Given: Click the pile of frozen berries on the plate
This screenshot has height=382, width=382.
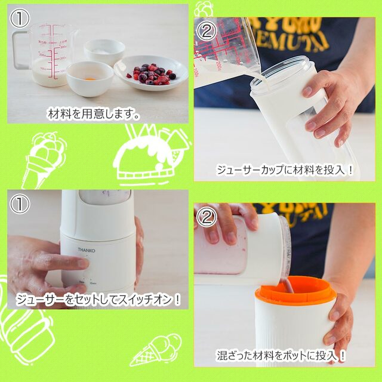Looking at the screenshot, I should coord(152,74).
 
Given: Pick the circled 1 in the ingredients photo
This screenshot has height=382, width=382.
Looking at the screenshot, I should coord(20,19).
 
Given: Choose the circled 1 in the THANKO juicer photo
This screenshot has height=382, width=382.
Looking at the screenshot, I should coord(20,205).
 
